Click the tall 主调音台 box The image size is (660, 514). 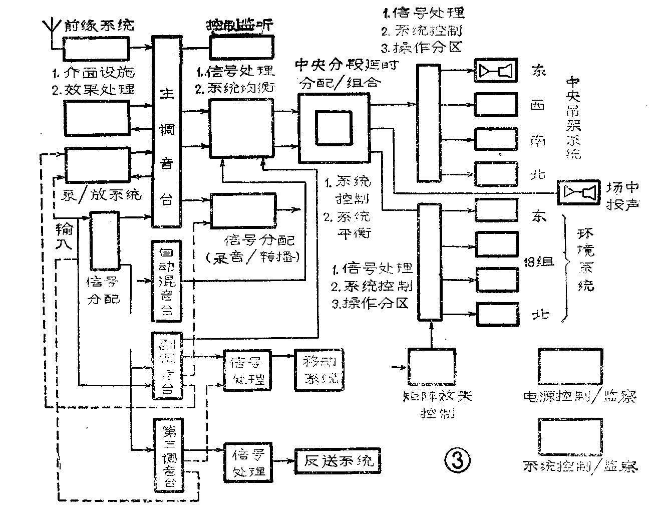point(167,133)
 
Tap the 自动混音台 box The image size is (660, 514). point(166,281)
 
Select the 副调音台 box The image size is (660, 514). point(167,365)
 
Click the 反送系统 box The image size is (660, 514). point(338,460)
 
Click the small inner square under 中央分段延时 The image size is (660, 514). point(333,128)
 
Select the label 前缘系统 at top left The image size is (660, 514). point(99,25)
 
